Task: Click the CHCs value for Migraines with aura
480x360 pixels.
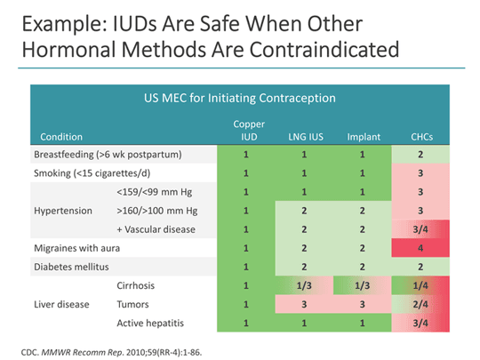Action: pyautogui.click(x=420, y=248)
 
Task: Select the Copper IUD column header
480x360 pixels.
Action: pyautogui.click(x=249, y=131)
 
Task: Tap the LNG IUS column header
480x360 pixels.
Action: pyautogui.click(x=306, y=137)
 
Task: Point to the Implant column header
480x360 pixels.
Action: pyautogui.click(x=364, y=137)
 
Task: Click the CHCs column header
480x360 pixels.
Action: pyautogui.click(x=421, y=137)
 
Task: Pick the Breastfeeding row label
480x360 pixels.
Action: pyautogui.click(x=108, y=155)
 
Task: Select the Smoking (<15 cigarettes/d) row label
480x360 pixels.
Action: pyautogui.click(x=92, y=173)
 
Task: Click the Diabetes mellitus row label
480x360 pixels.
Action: pyautogui.click(x=71, y=267)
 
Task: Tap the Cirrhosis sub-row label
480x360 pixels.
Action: pyautogui.click(x=136, y=285)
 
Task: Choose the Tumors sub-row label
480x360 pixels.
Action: pyautogui.click(x=132, y=304)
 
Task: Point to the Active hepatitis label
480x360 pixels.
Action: pyautogui.click(x=150, y=323)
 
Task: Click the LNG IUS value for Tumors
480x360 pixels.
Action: pyautogui.click(x=304, y=304)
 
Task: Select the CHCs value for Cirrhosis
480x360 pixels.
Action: pyautogui.click(x=420, y=285)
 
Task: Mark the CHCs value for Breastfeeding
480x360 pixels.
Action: pyautogui.click(x=420, y=155)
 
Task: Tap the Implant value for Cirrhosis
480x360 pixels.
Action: pyautogui.click(x=362, y=285)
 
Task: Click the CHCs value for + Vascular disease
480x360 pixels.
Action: pyautogui.click(x=420, y=229)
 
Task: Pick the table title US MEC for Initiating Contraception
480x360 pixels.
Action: pyautogui.click(x=240, y=98)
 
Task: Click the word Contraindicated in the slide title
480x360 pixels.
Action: pyautogui.click(x=324, y=49)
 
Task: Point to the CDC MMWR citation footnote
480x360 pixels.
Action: pyautogui.click(x=111, y=352)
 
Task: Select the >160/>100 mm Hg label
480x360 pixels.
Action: pyautogui.click(x=157, y=211)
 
